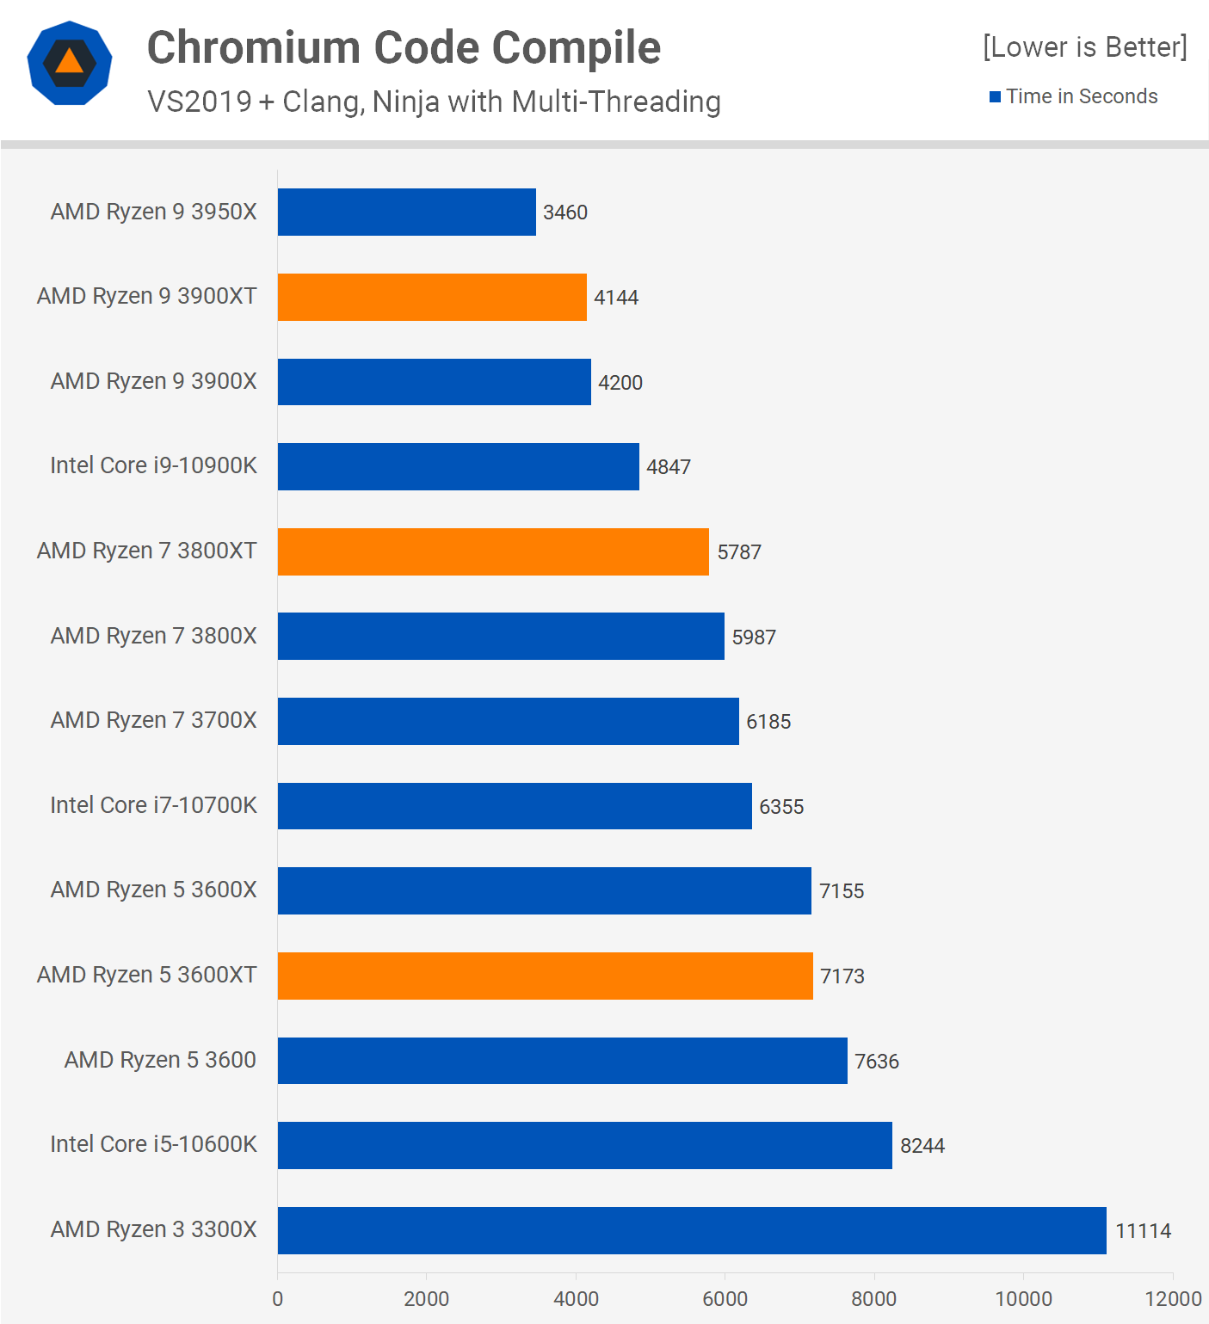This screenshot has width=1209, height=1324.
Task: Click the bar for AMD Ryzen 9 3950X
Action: coord(406,212)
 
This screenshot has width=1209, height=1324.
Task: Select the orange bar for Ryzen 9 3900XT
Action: coord(432,297)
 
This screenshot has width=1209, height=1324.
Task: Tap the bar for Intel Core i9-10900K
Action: coord(458,466)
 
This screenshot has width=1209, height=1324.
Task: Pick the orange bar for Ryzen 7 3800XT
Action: coord(493,551)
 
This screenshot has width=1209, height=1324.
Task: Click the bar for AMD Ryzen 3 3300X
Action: coord(692,1230)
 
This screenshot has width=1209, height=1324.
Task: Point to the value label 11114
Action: coord(1143,1231)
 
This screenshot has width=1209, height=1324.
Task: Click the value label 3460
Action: coord(565,212)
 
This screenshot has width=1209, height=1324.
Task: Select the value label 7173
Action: coord(842,976)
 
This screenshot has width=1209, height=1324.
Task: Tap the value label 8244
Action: coord(922,1146)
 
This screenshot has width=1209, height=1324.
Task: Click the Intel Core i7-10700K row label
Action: coord(153,805)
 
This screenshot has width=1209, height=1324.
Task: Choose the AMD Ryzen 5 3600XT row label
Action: coord(146,975)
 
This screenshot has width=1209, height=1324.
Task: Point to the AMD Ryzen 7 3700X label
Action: coord(153,720)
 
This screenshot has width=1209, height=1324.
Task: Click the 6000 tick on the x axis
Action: coord(725,1299)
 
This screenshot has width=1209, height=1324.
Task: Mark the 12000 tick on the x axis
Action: coord(1173,1299)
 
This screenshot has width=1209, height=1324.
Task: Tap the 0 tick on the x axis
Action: coord(277,1299)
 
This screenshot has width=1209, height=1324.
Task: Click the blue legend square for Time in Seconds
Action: coord(995,97)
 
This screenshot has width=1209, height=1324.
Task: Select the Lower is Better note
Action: coord(1084,47)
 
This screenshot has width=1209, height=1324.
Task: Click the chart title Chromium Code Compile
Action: coord(404,47)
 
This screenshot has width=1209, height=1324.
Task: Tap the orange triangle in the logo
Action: coord(70,63)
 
